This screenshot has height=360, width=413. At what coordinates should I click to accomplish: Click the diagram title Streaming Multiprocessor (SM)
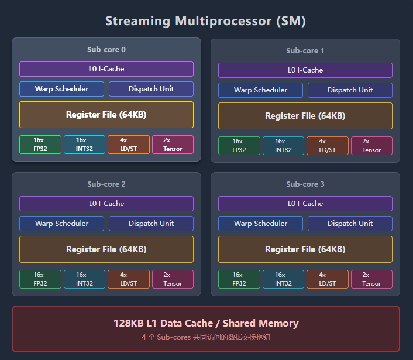(206, 22)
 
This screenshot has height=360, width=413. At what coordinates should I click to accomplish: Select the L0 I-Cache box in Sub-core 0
(106, 69)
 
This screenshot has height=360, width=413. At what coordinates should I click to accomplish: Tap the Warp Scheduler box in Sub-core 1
(260, 90)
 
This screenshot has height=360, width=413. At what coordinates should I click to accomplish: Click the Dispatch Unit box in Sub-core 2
(151, 224)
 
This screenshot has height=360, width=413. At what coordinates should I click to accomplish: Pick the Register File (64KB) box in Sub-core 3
(305, 249)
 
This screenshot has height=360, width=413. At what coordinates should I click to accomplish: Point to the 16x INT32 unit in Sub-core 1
(283, 146)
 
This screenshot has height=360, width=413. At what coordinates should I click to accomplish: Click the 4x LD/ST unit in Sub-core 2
(128, 279)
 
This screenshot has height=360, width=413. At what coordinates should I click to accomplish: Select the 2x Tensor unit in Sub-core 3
(371, 279)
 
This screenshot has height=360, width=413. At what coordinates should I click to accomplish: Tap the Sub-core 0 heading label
(106, 50)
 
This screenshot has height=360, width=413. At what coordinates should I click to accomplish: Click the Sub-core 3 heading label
(305, 184)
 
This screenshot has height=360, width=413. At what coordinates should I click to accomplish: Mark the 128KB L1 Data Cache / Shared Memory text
(206, 323)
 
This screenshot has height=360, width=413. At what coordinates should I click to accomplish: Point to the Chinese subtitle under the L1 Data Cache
(206, 337)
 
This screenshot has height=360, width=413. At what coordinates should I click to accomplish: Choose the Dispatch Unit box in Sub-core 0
(151, 89)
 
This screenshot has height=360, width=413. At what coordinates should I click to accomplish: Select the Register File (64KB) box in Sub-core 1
(305, 116)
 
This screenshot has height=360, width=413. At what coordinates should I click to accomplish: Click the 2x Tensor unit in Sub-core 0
(173, 145)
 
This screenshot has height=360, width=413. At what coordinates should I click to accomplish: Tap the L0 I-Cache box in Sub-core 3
(305, 204)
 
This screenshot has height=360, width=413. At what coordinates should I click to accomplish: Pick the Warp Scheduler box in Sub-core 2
(61, 224)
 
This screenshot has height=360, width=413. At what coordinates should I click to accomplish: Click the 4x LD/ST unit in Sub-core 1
(327, 146)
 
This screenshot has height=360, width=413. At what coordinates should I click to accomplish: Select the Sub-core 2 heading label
(106, 184)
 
